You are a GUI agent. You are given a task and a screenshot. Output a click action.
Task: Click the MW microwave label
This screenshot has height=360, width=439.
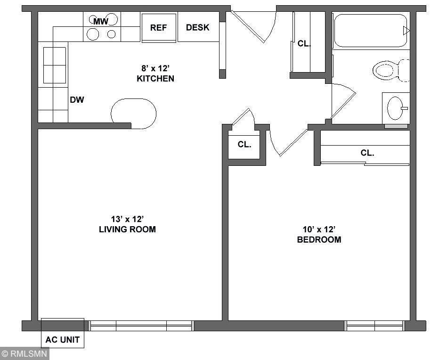(100, 21)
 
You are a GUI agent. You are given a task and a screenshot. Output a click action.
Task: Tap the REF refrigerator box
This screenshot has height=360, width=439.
(159, 27)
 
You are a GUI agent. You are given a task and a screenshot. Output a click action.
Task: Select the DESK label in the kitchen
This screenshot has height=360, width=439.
(198, 27)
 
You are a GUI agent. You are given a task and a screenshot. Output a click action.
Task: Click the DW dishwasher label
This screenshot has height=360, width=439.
(77, 100)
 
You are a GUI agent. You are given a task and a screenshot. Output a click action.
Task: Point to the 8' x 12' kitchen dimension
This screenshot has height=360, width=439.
(155, 68)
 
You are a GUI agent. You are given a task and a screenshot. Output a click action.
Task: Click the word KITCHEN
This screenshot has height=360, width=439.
(155, 79)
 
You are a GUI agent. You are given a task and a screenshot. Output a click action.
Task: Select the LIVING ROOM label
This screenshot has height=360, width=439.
(127, 229)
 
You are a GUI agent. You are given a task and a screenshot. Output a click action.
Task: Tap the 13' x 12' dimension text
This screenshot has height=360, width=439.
(127, 219)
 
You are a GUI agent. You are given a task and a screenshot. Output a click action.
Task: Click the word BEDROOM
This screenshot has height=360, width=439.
(319, 240)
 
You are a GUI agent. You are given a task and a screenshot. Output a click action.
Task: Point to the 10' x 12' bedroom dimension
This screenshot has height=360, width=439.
(319, 229)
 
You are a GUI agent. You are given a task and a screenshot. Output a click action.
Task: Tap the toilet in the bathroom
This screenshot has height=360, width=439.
(391, 70)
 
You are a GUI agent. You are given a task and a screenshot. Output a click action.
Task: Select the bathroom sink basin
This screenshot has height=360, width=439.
(396, 108)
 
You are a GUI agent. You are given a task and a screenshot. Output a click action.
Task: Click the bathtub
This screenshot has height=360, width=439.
(371, 31)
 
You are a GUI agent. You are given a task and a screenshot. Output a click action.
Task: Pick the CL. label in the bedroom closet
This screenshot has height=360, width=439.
(367, 153)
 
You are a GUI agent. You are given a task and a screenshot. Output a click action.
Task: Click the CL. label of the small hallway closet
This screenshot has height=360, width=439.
(244, 145)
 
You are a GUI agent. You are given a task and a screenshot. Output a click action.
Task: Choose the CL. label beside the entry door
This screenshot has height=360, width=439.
(304, 44)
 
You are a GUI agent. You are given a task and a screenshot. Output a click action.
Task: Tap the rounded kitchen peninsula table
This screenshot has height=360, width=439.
(134, 114)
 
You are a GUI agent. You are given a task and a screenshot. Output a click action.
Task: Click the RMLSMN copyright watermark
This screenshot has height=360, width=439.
(24, 353)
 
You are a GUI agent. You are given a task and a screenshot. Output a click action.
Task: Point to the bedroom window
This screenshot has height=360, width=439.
(374, 326)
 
